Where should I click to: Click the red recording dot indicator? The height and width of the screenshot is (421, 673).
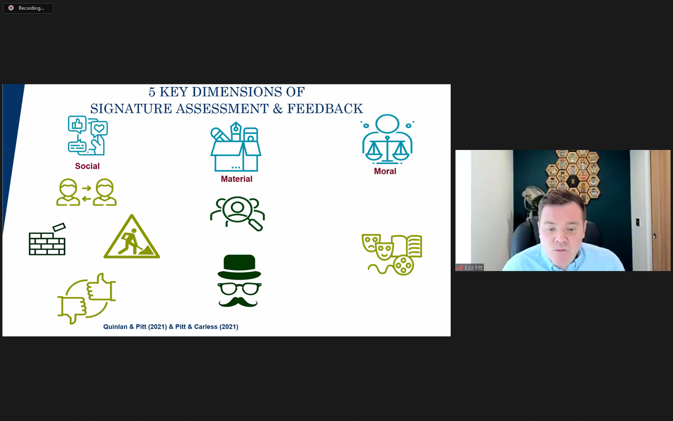click(11, 8)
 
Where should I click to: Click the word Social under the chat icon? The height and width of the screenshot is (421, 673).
click(87, 166)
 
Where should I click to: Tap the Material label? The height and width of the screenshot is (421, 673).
click(236, 179)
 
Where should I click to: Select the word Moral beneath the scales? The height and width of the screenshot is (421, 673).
click(385, 172)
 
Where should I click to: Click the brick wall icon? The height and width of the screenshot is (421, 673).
click(47, 240)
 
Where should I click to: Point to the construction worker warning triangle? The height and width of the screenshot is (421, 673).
click(131, 237)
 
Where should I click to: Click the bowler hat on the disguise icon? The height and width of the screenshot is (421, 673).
click(239, 267)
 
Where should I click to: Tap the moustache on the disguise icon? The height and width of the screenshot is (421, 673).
click(238, 302)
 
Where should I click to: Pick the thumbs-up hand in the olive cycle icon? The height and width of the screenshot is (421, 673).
click(101, 287)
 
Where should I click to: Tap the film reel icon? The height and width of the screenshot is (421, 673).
click(404, 265)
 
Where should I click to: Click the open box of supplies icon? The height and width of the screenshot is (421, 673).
click(236, 147)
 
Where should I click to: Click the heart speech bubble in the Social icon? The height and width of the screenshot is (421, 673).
click(99, 129)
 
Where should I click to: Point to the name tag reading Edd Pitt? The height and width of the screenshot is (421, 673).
click(470, 267)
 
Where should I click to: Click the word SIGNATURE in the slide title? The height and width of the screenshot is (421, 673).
click(131, 109)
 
